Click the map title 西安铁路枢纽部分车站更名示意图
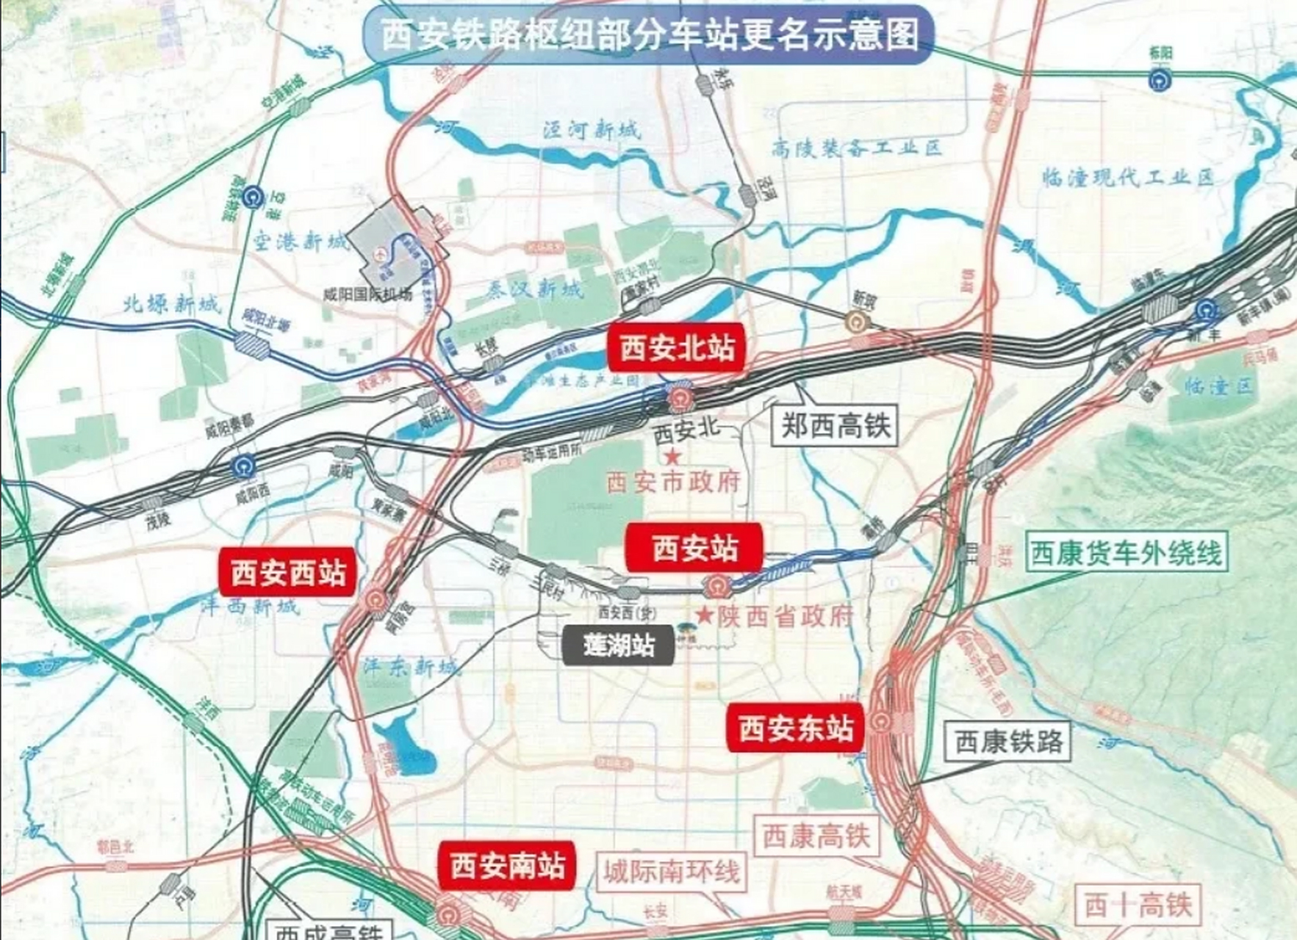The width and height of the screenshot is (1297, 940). [x=649, y=35]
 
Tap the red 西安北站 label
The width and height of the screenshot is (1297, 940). [x=677, y=347]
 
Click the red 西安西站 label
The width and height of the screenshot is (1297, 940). [x=288, y=572]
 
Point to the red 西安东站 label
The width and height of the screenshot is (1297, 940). [x=796, y=728]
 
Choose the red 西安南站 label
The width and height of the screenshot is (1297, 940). [x=507, y=865]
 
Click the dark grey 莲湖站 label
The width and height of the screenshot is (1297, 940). [x=618, y=646]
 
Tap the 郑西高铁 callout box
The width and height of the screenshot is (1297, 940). [x=835, y=425]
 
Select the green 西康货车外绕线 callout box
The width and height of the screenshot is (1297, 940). [x=1126, y=552]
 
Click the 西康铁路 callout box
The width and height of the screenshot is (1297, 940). [x=1008, y=742]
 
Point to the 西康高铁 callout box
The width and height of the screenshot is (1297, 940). [x=816, y=836]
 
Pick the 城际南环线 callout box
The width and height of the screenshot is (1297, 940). [x=671, y=872]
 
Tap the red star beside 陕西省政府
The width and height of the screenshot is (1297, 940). [x=705, y=615]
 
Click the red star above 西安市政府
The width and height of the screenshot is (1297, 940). [x=672, y=458]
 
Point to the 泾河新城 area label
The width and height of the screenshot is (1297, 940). [x=592, y=130]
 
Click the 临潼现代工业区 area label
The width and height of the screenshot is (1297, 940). [x=1128, y=177]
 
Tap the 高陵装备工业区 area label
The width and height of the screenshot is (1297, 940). [x=856, y=148]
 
